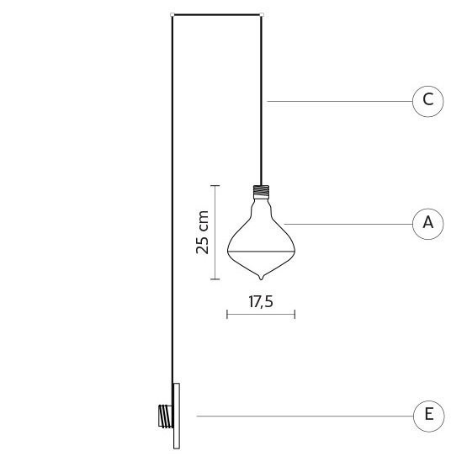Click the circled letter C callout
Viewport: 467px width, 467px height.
click(x=427, y=101)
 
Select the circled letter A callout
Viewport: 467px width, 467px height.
click(x=427, y=224)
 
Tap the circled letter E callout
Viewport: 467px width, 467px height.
click(x=428, y=416)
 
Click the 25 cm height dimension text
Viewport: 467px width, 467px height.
click(x=202, y=232)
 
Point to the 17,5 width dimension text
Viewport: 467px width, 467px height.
click(x=261, y=302)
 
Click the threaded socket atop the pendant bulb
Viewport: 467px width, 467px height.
click(x=261, y=192)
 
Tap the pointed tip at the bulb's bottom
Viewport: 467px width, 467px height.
click(x=261, y=279)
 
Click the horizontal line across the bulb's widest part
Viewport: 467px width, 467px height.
click(x=261, y=252)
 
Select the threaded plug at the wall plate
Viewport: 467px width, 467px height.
click(x=166, y=416)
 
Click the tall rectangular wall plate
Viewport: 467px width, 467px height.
click(x=177, y=416)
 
